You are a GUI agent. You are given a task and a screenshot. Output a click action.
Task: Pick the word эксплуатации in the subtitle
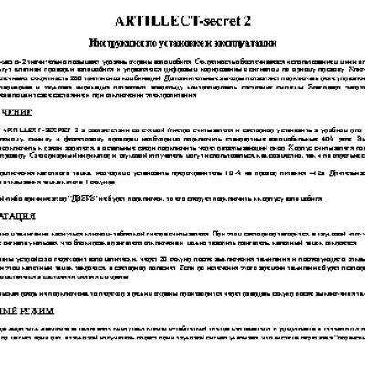point(247,43)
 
